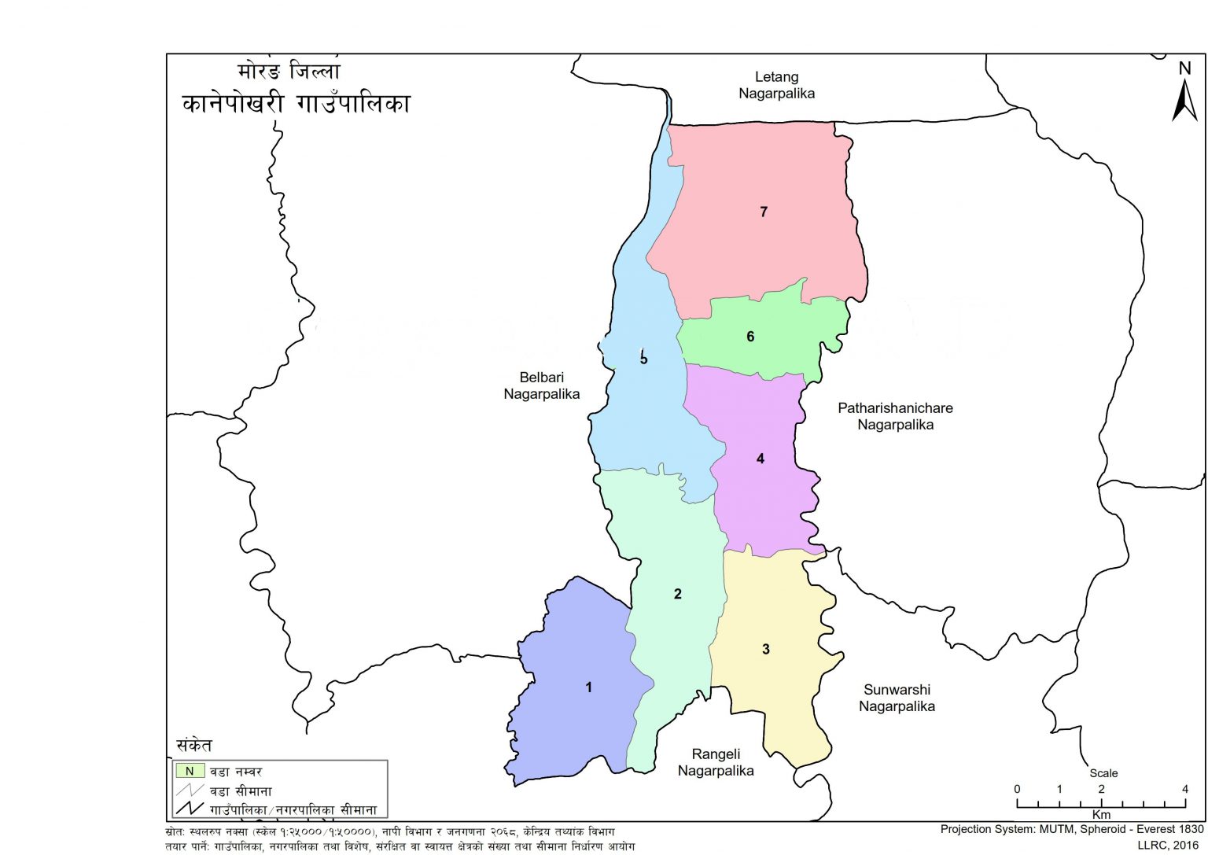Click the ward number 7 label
(763, 212)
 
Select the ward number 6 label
(750, 337)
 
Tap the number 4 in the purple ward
(760, 459)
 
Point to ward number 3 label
(765, 649)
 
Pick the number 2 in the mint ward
(677, 594)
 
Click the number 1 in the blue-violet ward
(588, 687)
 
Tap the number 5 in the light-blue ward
(643, 359)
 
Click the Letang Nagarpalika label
(776, 85)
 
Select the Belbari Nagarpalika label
(541, 385)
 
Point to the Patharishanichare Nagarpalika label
(895, 416)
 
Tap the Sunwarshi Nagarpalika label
(897, 698)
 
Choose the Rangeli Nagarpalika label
(716, 762)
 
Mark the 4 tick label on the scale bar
(1184, 789)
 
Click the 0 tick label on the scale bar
(1017, 789)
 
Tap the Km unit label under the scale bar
(1101, 815)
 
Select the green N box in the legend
(190, 771)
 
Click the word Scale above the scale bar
(1103, 773)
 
